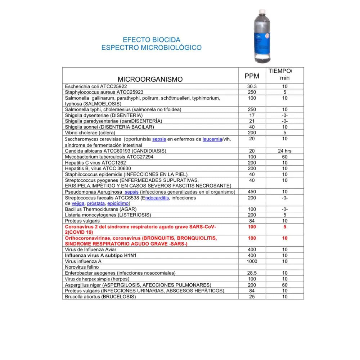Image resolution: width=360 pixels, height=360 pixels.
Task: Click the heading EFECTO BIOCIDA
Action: coord(152,40)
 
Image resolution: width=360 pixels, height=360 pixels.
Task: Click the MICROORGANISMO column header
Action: coord(150,79)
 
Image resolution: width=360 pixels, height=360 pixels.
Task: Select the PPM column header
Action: coord(252,76)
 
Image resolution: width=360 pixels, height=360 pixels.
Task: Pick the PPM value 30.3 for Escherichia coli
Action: coord(252,87)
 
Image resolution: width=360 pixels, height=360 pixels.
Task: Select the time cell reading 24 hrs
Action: coord(285,151)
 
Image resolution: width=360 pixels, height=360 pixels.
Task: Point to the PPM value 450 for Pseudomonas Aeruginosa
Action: coord(252,192)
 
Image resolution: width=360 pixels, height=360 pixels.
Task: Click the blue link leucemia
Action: coord(212,139)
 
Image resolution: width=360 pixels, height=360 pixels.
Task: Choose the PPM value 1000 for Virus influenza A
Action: coord(252,261)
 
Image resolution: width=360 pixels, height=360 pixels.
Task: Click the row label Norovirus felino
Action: coord(82,267)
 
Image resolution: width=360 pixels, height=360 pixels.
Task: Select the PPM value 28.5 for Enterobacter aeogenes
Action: coord(252,273)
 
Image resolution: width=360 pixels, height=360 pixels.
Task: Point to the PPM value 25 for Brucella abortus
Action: coord(252,297)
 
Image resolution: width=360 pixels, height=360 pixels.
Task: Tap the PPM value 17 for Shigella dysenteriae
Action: coord(252,115)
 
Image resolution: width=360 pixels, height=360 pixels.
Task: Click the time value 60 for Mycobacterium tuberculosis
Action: coord(285,157)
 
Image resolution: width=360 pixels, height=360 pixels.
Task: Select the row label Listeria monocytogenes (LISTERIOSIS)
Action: coord(108,215)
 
